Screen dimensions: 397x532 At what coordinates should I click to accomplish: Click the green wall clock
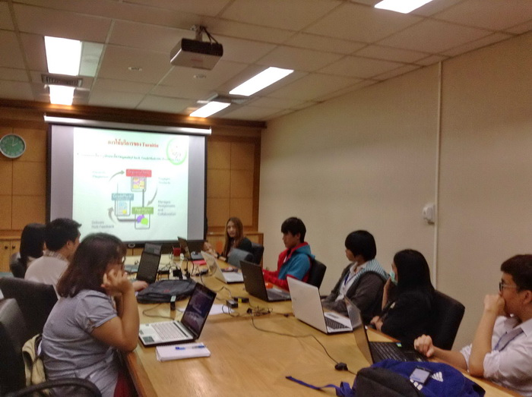point(12,146)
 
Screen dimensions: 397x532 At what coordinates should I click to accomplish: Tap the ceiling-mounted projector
point(196,53)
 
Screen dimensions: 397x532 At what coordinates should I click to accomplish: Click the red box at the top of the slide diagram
point(138,174)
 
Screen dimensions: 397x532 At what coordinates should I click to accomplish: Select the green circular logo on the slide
point(176,150)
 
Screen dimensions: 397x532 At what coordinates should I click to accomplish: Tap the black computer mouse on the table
point(341,367)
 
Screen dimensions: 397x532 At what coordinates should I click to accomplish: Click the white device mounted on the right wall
point(429,213)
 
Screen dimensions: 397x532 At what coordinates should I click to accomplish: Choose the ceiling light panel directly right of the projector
point(261,81)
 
